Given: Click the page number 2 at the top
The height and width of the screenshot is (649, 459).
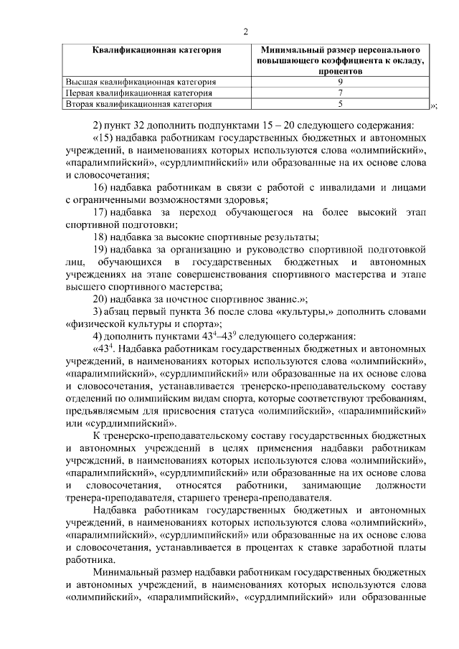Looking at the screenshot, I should [245, 31].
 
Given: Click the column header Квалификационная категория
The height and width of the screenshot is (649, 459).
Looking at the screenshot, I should [156, 51].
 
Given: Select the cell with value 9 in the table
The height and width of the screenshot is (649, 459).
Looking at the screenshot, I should [340, 82].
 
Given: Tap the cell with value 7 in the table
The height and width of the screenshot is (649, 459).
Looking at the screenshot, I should [340, 93].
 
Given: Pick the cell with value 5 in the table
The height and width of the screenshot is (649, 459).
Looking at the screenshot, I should [340, 104].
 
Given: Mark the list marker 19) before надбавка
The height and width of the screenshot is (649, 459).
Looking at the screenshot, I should [102, 250].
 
